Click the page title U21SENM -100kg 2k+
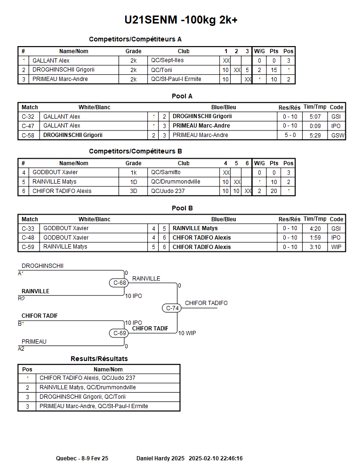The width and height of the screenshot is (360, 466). point(181,20)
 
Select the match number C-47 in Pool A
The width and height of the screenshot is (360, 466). point(28,126)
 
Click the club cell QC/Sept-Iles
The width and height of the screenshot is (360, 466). point(168,60)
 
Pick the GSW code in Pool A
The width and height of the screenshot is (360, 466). point(337,135)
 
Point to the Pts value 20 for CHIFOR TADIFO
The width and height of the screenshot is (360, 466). point(273,191)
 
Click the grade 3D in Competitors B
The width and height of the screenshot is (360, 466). point(133,191)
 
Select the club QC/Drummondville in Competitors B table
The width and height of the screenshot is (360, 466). point(176,182)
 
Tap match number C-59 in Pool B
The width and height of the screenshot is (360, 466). point(28,247)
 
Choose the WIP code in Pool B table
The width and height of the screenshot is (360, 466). point(336,247)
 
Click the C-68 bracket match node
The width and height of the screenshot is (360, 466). point(120,283)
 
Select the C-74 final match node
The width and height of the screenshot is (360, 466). point(173,308)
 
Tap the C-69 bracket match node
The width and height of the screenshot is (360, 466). point(120,333)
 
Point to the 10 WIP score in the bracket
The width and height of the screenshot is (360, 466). point(187,333)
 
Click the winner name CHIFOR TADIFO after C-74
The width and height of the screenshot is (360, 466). point(206,303)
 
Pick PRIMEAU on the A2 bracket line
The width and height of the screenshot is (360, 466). point(34,342)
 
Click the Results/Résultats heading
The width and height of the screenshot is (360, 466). point(99,359)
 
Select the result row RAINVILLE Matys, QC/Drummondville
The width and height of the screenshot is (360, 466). point(88,387)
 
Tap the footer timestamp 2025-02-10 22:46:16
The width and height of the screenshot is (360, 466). point(216,458)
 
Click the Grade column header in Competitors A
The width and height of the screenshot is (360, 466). point(133,51)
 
